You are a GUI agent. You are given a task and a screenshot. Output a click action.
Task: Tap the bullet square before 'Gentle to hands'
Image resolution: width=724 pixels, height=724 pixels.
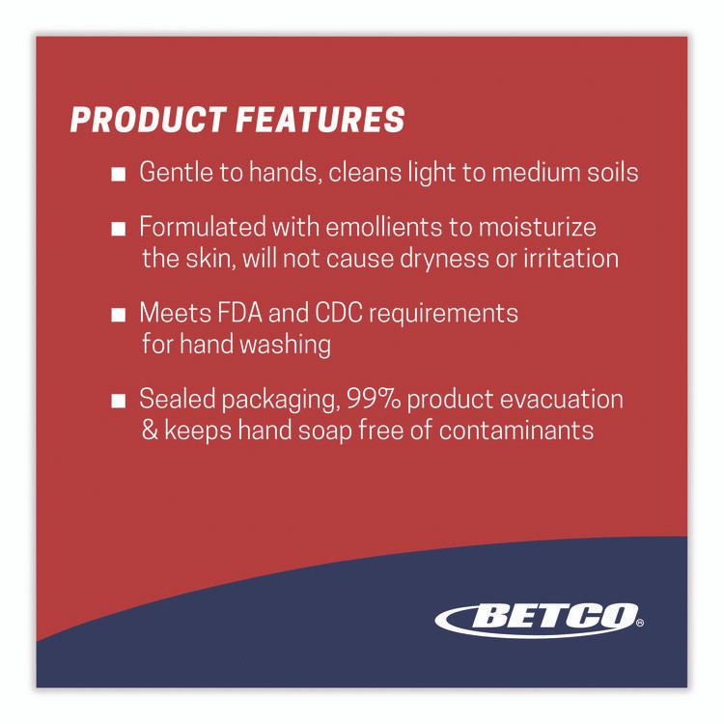(118, 175)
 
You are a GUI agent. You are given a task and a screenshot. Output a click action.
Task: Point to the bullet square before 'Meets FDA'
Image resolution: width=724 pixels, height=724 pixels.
(118, 316)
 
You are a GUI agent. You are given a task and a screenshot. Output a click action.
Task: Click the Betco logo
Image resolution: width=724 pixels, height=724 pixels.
(536, 616)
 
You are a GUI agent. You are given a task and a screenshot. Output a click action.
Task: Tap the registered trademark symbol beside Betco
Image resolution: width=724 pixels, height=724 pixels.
(639, 624)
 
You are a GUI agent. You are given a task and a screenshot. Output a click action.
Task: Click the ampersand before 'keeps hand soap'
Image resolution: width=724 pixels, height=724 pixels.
(150, 431)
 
